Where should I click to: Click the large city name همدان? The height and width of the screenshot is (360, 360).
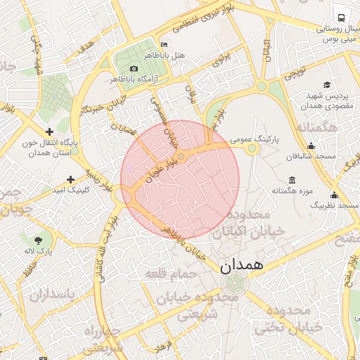click(x=240, y=265)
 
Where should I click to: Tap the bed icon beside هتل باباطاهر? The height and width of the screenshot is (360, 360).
click(x=164, y=44)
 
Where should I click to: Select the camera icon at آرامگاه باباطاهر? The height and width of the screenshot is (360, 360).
click(x=134, y=69)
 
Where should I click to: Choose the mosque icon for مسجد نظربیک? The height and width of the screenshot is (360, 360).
click(x=334, y=195)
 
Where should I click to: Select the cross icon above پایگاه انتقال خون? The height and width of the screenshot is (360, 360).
click(x=49, y=131)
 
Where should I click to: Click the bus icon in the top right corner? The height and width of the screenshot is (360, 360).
click(x=341, y=17)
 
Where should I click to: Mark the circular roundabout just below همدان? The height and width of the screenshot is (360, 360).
click(x=231, y=283)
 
